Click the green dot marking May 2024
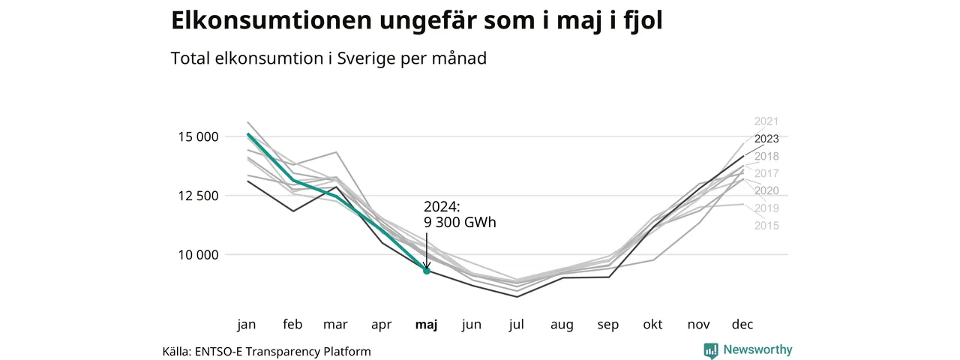point(427,271)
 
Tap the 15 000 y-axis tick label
point(199,136)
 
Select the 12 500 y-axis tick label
point(199,196)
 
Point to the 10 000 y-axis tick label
point(199,255)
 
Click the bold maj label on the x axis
point(427,325)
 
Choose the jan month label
point(247,325)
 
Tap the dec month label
point(742,324)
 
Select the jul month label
point(517,325)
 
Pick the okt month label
point(652,324)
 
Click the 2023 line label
point(766,139)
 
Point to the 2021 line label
point(766,121)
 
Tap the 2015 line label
point(766,226)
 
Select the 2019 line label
point(766,208)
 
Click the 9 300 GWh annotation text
point(460,223)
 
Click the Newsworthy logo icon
point(711,350)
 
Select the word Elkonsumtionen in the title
point(271,20)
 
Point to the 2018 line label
point(766,156)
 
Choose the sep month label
point(607,325)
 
